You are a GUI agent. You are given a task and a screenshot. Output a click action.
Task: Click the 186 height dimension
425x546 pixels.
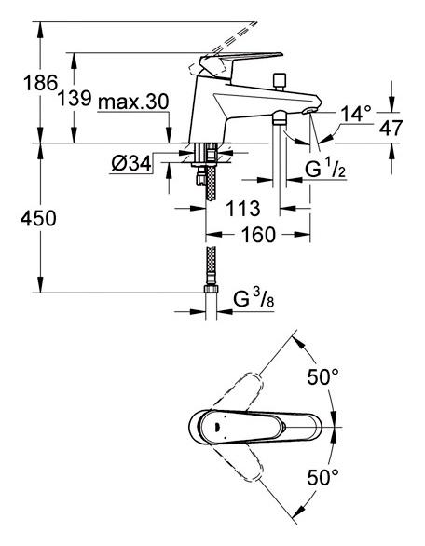(40, 83)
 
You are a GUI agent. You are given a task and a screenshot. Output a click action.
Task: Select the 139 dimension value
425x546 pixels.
(75, 98)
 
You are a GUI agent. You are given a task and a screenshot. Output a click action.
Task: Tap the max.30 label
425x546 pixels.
(133, 102)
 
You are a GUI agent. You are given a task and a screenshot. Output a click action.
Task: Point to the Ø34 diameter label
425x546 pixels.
(131, 163)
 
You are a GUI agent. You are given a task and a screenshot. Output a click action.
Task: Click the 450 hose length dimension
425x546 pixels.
(38, 219)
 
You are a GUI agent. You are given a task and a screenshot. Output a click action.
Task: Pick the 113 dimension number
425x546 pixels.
(243, 208)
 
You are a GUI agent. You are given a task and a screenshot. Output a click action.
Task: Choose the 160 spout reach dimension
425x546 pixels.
(258, 235)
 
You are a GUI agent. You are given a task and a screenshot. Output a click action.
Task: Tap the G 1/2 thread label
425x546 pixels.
(325, 170)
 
